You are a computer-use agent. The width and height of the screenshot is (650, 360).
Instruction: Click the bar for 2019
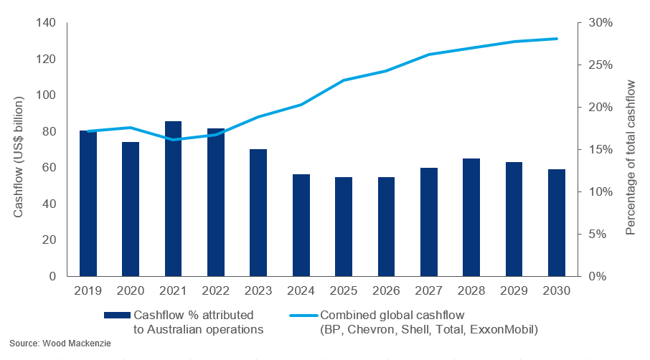[88, 203]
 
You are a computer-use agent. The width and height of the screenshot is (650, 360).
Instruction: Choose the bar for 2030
[557, 222]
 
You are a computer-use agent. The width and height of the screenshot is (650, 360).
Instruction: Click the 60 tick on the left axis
[49, 168]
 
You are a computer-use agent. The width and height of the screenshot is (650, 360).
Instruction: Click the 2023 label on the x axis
[258, 291]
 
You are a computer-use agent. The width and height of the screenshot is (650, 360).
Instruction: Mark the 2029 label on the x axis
[514, 291]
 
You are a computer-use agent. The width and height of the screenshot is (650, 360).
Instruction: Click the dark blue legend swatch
[117, 315]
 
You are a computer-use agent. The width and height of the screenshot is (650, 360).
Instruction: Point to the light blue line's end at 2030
[557, 39]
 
